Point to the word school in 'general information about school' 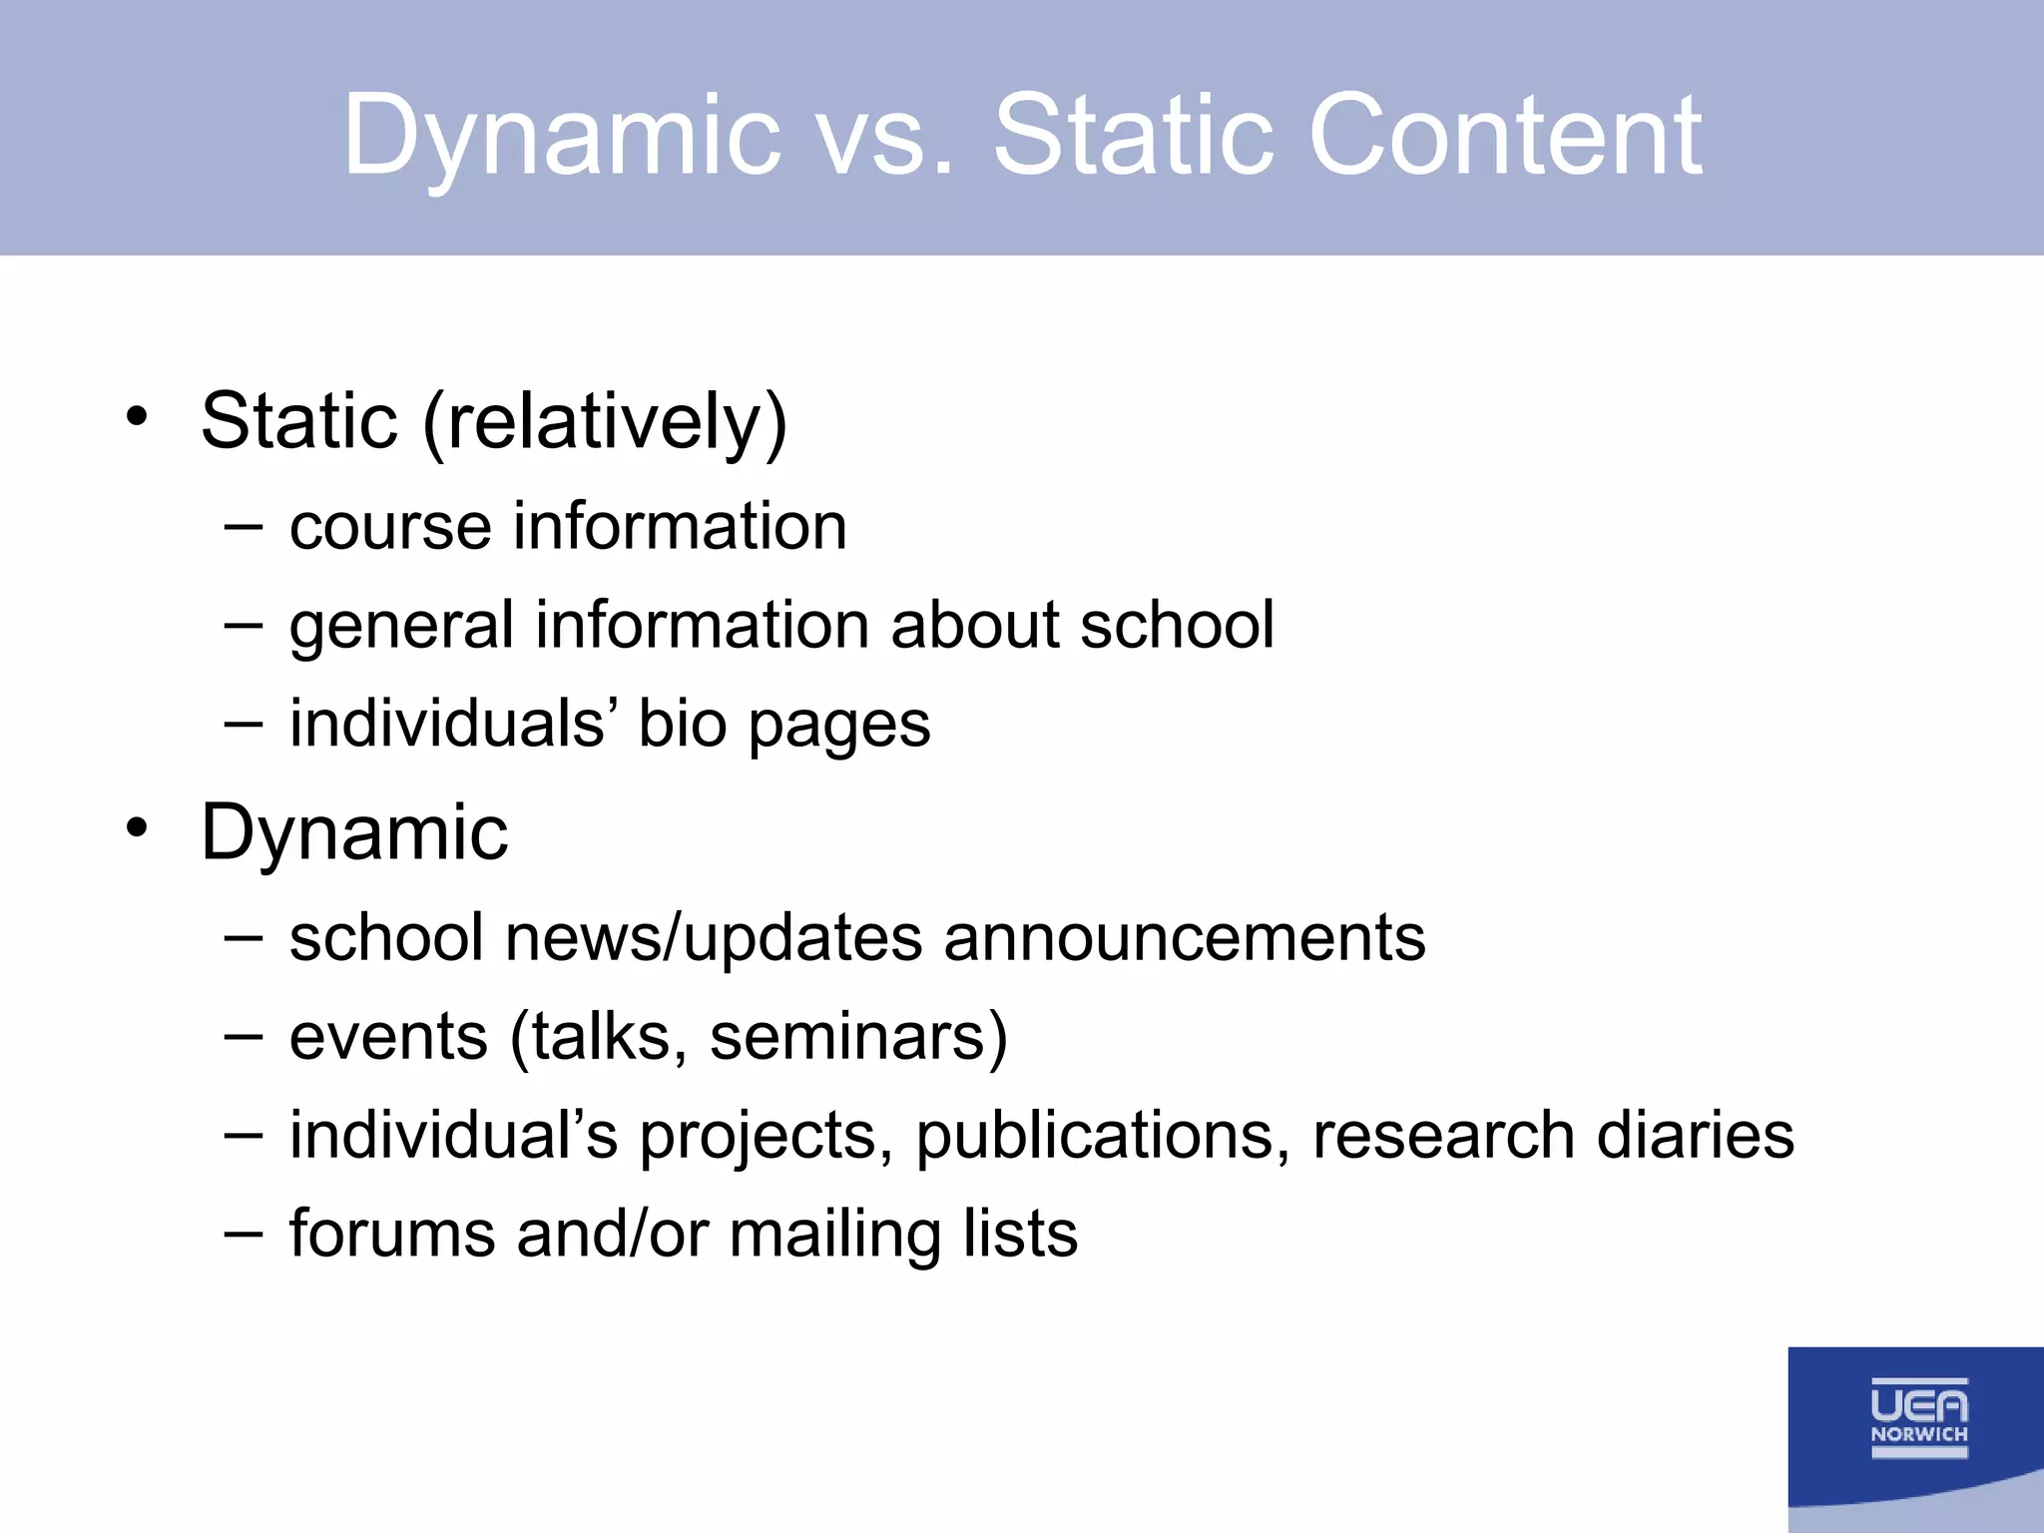(1177, 626)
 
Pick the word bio (683, 724)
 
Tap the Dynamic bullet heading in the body (354, 833)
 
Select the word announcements (1184, 938)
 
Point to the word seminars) (858, 1038)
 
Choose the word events (389, 1038)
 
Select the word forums (392, 1234)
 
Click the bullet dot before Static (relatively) (138, 416)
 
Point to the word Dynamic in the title (562, 137)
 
